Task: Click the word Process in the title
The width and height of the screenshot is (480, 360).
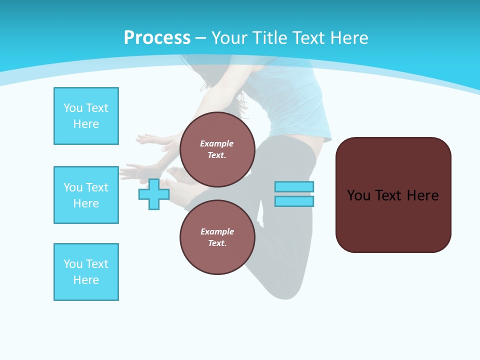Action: pyautogui.click(x=157, y=38)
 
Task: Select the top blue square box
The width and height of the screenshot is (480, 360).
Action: pyautogui.click(x=86, y=116)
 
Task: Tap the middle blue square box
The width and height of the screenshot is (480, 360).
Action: pyautogui.click(x=86, y=195)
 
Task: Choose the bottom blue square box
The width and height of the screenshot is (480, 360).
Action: pyautogui.click(x=86, y=272)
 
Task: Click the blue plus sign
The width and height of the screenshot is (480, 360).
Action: pyautogui.click(x=154, y=194)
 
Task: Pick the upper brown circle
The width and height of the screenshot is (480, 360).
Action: pyautogui.click(x=217, y=149)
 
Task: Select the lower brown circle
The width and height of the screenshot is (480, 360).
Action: pyautogui.click(x=217, y=237)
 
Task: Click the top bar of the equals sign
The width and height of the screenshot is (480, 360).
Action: pyautogui.click(x=294, y=186)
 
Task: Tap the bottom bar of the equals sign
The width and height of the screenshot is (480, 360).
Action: pyautogui.click(x=294, y=201)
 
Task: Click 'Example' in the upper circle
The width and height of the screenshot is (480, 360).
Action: pyautogui.click(x=217, y=143)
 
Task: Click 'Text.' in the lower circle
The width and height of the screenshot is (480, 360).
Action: pyautogui.click(x=217, y=243)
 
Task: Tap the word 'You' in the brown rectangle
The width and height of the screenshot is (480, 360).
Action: pyautogui.click(x=358, y=195)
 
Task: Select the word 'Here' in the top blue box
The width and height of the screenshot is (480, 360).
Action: pyautogui.click(x=86, y=124)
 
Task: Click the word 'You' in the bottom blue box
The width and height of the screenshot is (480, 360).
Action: pyautogui.click(x=73, y=264)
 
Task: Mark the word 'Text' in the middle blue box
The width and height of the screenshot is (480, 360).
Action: pyautogui.click(x=97, y=187)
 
